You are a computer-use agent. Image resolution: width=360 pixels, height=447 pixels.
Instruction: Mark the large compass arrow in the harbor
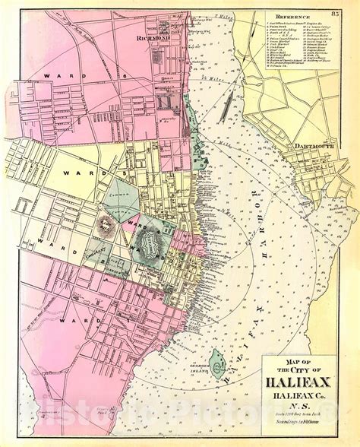226,109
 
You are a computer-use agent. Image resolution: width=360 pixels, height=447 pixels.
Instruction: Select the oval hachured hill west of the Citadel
104,223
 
